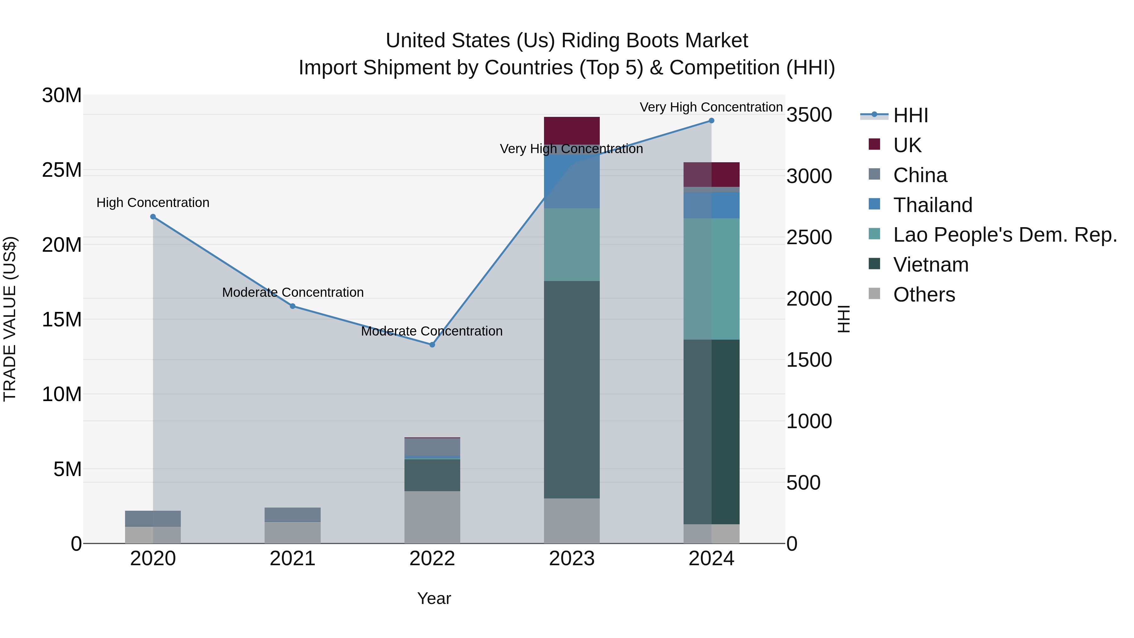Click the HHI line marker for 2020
coord(153,217)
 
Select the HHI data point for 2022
coord(432,345)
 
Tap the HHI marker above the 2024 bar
coord(711,121)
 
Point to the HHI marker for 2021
coord(292,306)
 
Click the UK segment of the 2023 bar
coord(571,130)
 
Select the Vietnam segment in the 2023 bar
coord(571,390)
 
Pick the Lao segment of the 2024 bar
coord(711,279)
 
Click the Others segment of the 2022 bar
coord(432,517)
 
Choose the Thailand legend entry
coord(932,205)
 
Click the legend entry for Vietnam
coord(931,265)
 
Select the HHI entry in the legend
coord(910,115)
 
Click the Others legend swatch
coord(874,294)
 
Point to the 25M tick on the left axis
coord(62,170)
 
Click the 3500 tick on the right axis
coord(809,115)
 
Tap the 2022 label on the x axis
coord(432,559)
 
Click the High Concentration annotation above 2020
coord(153,203)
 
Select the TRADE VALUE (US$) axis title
coord(10,319)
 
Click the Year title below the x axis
coord(434,598)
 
